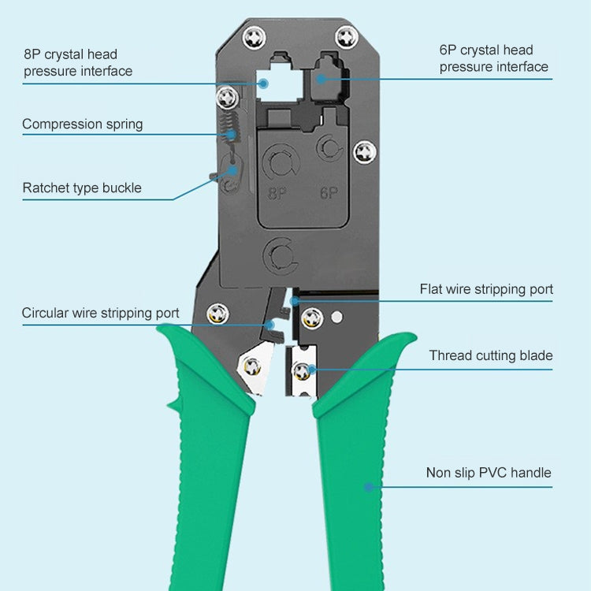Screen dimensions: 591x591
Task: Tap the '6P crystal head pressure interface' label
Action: pos(493,58)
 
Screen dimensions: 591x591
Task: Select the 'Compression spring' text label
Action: pos(83,124)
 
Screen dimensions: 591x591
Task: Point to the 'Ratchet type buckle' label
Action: pos(82,188)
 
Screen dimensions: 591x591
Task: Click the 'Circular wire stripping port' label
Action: pos(100,313)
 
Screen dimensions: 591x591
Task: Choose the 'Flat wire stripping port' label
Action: pos(486,289)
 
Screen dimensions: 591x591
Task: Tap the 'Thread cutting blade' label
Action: pos(491,355)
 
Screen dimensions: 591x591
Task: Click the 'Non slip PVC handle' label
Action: pos(489,473)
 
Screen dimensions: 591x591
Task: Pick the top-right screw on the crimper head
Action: pos(346,36)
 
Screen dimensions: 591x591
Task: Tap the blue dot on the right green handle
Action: pos(368,487)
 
